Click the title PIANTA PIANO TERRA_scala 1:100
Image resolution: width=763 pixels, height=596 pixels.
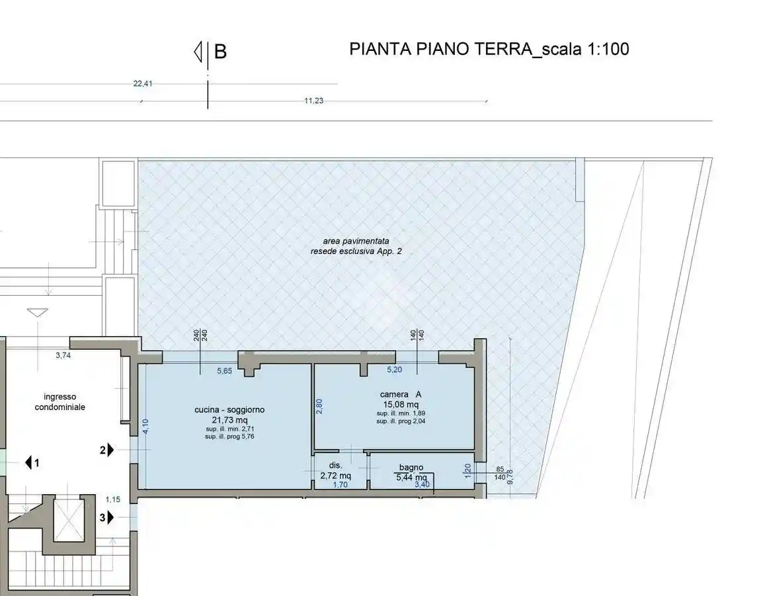pyautogui.click(x=489, y=49)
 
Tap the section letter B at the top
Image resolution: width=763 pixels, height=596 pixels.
pyautogui.click(x=220, y=52)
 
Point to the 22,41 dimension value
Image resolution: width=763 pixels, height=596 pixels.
pyautogui.click(x=143, y=84)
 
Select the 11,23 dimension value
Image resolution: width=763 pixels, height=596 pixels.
pyautogui.click(x=313, y=101)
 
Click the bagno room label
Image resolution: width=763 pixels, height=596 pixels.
pyautogui.click(x=411, y=468)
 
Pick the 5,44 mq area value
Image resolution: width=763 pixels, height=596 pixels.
pyautogui.click(x=411, y=477)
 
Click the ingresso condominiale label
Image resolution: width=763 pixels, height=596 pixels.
pyautogui.click(x=60, y=402)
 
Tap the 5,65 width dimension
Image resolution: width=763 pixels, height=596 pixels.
pyautogui.click(x=225, y=371)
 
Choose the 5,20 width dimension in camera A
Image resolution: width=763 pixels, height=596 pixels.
pyautogui.click(x=395, y=370)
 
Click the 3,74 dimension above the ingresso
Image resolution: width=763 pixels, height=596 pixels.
pyautogui.click(x=63, y=355)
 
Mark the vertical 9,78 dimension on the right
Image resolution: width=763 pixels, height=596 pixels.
pyautogui.click(x=509, y=476)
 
